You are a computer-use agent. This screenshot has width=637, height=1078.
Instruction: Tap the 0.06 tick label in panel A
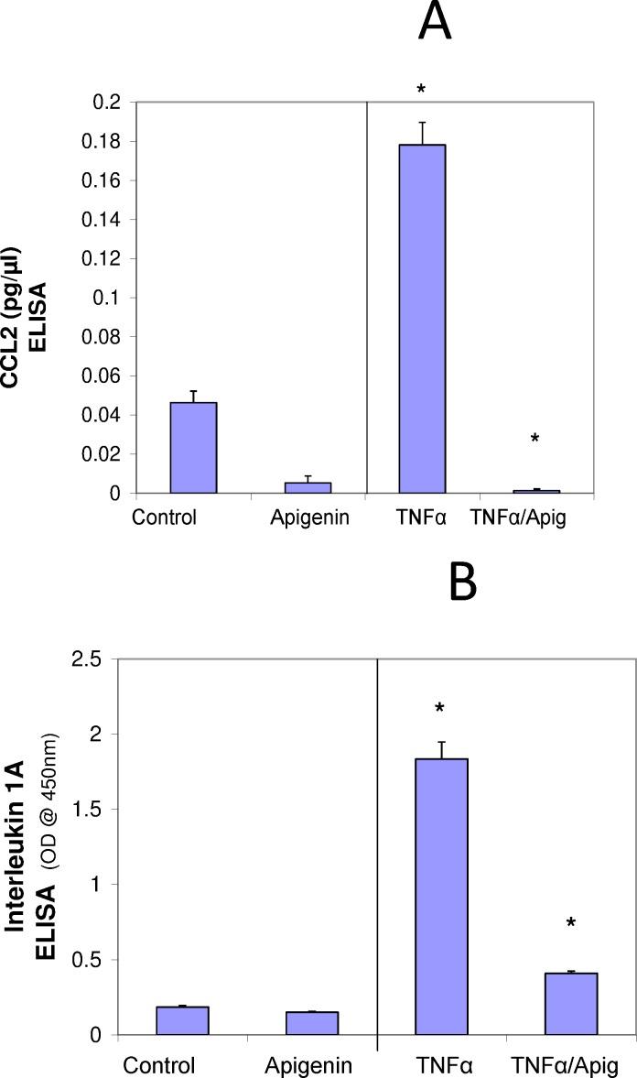(110, 376)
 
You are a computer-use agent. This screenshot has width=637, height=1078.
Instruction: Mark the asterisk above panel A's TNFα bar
(421, 90)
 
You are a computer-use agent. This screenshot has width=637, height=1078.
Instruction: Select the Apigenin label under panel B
(308, 1065)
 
